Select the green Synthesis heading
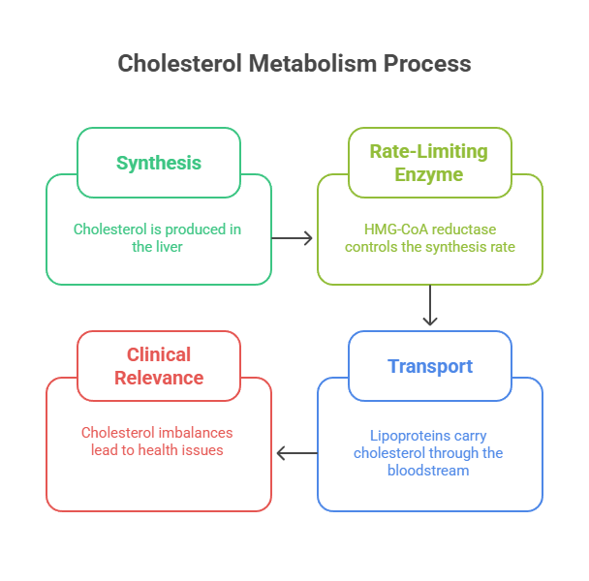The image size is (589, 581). pos(159,163)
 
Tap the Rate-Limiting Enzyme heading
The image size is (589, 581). pos(429,163)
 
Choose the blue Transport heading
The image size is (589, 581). pos(429,366)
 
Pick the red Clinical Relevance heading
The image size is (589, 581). pos(159,366)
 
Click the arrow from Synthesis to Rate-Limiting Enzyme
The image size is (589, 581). pos(293,237)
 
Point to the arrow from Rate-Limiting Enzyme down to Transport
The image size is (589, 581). pos(430,308)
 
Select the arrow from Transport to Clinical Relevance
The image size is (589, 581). pos(294,452)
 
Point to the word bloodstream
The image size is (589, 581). pos(429,471)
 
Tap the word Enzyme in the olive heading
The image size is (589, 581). pos(429,174)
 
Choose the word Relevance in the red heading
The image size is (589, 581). pos(159,378)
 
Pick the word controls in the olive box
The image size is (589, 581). pos(379,247)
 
